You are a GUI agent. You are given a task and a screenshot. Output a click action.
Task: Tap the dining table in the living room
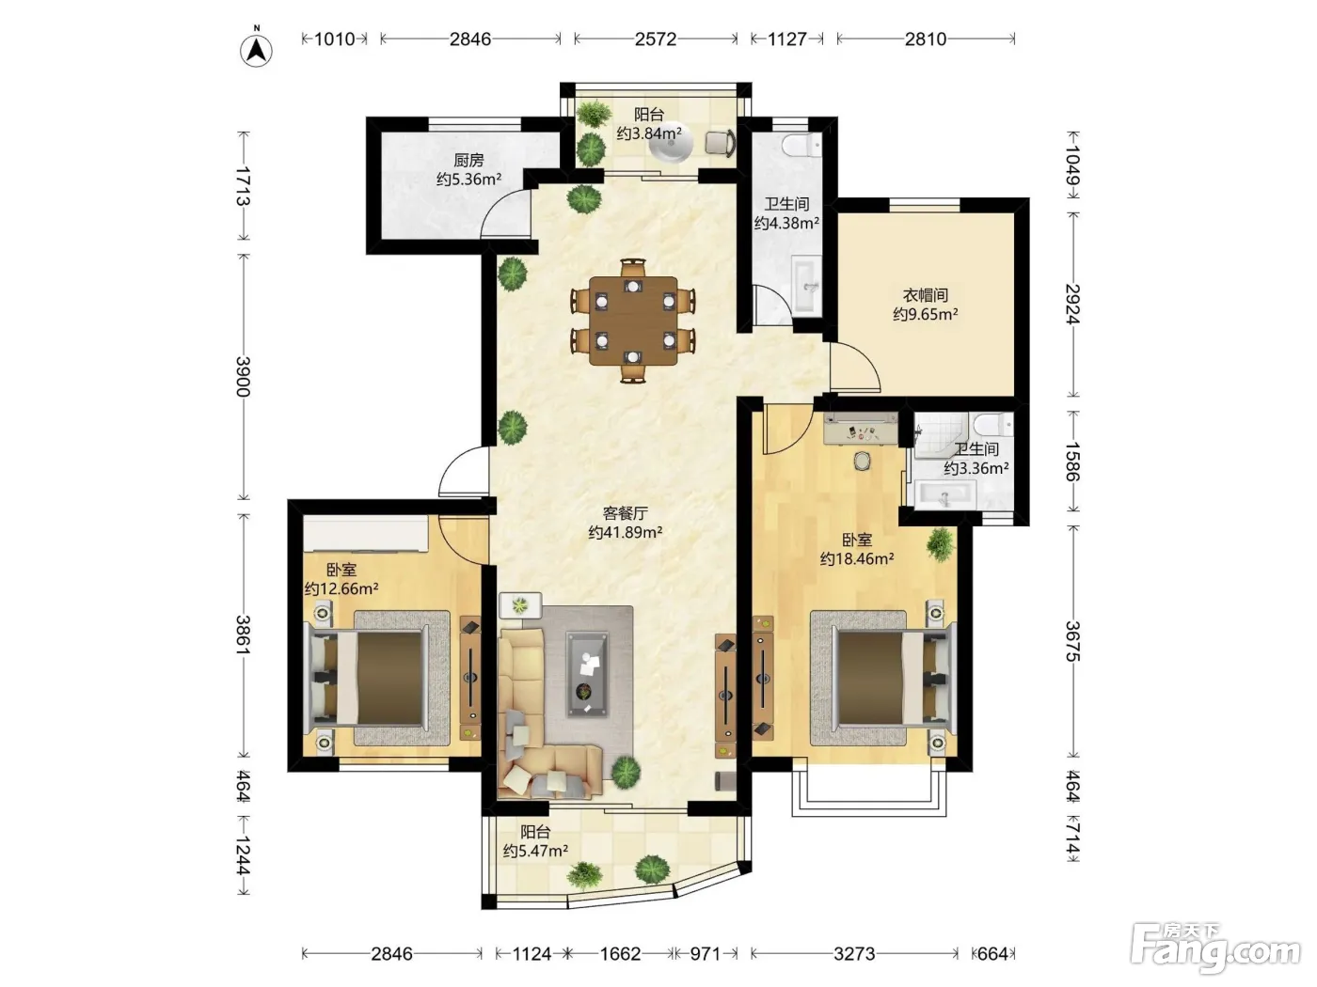633,321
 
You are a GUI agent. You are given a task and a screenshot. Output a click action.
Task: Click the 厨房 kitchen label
468,160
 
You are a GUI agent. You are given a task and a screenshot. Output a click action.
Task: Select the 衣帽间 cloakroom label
925,295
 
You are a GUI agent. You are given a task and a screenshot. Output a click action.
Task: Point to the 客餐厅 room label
625,513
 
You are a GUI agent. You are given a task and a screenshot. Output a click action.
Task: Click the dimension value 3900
243,376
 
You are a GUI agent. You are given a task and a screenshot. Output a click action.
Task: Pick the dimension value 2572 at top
655,39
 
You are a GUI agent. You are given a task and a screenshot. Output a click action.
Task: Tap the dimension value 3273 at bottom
854,953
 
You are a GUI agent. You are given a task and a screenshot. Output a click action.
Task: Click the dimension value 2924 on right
1072,304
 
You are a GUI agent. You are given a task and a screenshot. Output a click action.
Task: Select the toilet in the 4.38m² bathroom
801,143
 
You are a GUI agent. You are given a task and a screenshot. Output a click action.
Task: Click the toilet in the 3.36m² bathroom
994,424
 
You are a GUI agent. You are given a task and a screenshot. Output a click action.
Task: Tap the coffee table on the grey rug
588,675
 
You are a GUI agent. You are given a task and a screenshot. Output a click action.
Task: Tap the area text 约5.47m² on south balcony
535,851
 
